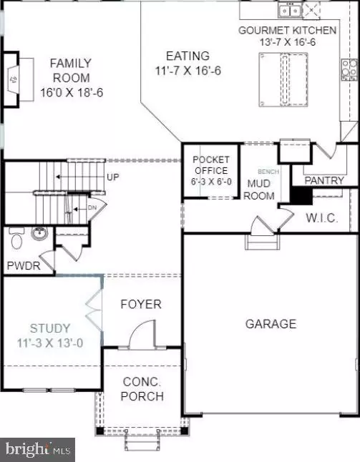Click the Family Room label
pos(70,71)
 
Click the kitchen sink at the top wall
pos(290,10)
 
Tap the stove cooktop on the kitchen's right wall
pos(350,70)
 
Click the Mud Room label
pos(260,189)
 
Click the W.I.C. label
pos(321,217)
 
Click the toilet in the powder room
pos(16,237)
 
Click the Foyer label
pos(140,304)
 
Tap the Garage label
pos(271,324)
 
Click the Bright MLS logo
pos(39,449)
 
